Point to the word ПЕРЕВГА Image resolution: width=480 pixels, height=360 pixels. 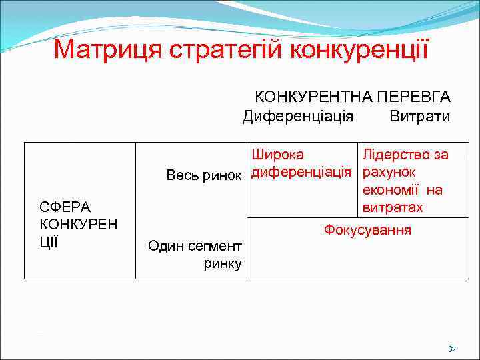414,97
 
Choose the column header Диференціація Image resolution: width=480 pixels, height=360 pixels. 298,117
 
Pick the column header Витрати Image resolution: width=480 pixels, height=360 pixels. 420,117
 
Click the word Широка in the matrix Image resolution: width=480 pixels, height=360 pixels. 278,155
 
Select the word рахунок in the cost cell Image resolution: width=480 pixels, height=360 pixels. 390,173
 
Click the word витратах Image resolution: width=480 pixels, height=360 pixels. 393,207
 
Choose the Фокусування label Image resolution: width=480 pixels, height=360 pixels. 367,230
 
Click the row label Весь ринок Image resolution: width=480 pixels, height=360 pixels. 203,175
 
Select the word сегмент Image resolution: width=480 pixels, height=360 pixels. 213,246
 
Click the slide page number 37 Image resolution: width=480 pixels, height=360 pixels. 452,349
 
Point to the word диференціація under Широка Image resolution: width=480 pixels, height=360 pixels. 301,173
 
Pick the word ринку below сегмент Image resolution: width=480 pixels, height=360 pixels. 223,263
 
